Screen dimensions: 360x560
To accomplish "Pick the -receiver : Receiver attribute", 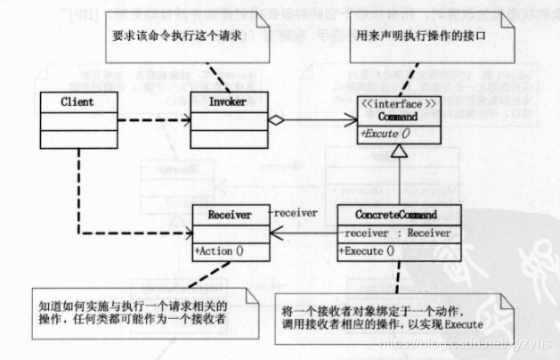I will pyautogui.click(x=394, y=233).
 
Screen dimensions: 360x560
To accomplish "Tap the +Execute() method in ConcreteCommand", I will pyautogui.click(x=371, y=251).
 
